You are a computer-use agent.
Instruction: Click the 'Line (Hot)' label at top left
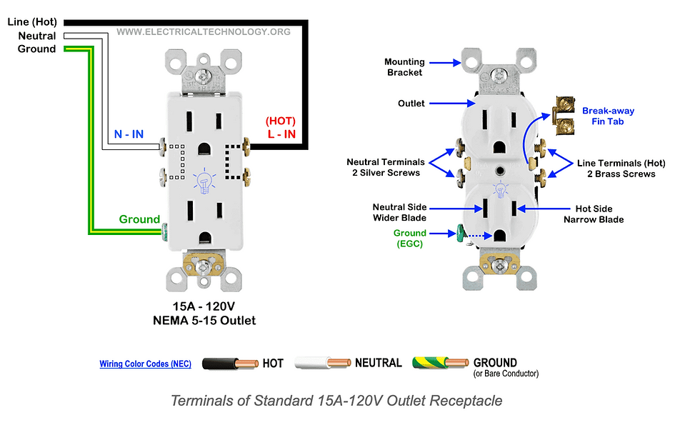[33, 22]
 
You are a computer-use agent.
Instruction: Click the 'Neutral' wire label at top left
[37, 36]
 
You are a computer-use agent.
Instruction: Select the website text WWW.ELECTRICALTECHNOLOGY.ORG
[204, 31]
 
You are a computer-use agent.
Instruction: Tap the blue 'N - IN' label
[128, 134]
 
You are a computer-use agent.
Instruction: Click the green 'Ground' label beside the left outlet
[139, 219]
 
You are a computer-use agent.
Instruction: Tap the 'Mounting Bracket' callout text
[405, 67]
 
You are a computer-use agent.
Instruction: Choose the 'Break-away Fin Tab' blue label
[608, 116]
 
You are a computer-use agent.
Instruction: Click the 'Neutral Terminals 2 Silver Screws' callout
[386, 168]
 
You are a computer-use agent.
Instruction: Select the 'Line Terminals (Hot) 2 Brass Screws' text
[616, 168]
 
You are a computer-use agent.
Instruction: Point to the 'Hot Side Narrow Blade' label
[594, 214]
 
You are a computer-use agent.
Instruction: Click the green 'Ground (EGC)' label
[409, 239]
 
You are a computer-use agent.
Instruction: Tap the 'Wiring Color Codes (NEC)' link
[145, 364]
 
